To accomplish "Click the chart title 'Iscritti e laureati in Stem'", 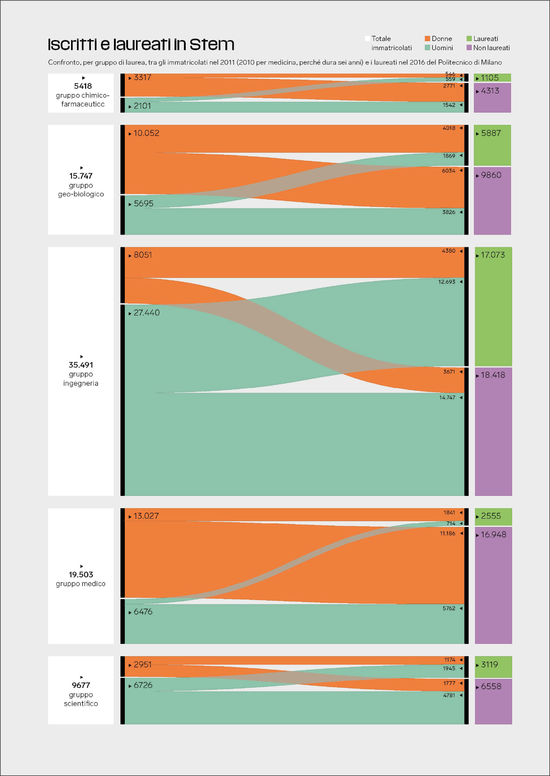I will (x=141, y=44).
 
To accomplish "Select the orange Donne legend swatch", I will (x=427, y=39).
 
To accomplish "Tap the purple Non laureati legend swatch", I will (x=469, y=48).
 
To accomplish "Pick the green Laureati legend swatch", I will (x=469, y=39).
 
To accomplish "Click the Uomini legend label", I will (x=442, y=48).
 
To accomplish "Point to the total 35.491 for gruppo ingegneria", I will (x=81, y=365).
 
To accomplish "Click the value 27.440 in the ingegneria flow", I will (x=146, y=313).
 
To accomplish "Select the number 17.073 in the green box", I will (x=493, y=255).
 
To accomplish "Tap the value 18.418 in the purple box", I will (x=493, y=375).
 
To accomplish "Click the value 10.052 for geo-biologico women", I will (x=146, y=133).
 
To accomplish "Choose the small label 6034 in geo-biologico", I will (x=449, y=171).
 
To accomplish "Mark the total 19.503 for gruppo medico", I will (x=81, y=575).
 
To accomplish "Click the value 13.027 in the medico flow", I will (x=146, y=516).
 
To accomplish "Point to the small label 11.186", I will (x=448, y=533).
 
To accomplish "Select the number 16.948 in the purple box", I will (x=493, y=535).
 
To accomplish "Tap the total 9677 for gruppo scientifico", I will (x=81, y=685).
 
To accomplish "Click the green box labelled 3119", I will (x=493, y=667).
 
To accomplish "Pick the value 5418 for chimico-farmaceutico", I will (x=83, y=86).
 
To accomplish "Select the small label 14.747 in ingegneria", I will (x=447, y=398).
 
